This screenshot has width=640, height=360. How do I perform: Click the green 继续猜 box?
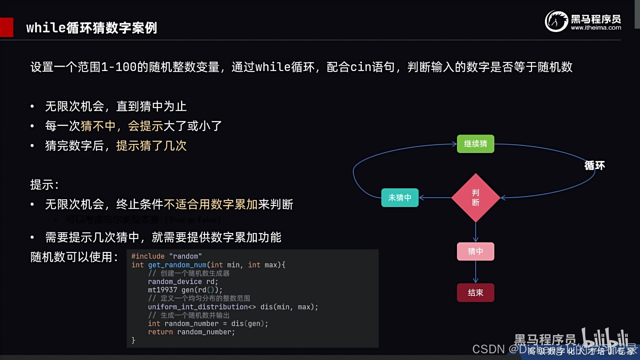(x=475, y=144)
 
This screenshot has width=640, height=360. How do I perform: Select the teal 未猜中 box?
(x=400, y=198)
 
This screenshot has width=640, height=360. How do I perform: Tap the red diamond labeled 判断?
(x=476, y=198)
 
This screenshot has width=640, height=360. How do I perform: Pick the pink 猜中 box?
(x=475, y=251)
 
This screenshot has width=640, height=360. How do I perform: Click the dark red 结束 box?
(x=475, y=293)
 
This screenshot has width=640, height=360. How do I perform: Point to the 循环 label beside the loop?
(x=595, y=165)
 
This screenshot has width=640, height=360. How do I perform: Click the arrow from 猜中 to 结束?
(x=476, y=272)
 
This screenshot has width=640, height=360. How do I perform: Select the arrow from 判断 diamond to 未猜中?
(x=435, y=198)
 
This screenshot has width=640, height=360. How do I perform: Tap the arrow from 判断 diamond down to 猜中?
(x=476, y=232)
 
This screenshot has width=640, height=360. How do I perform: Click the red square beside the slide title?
(x=6, y=27)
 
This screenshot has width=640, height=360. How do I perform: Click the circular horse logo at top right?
(x=556, y=21)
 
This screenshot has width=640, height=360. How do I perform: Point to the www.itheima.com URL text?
(x=596, y=28)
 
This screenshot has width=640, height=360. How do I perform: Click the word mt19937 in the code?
(x=162, y=290)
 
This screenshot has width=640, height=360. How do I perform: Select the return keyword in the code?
(x=160, y=332)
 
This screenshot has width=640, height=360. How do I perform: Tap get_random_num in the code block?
(x=177, y=265)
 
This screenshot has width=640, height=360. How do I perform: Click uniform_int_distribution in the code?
(x=198, y=307)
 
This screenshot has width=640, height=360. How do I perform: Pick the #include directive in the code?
(x=148, y=256)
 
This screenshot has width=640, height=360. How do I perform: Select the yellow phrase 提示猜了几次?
(x=151, y=146)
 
